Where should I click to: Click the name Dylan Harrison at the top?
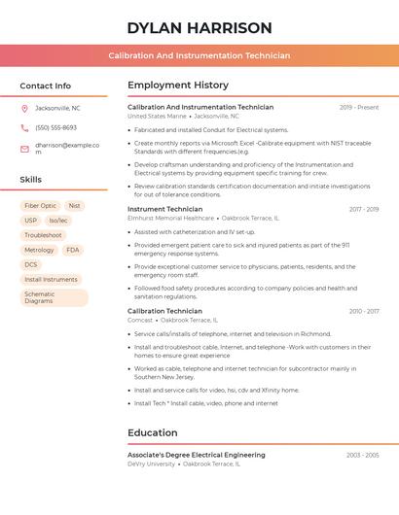pyautogui.click(x=199, y=27)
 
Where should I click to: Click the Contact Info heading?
pyautogui.click(x=45, y=86)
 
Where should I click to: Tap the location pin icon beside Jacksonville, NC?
pyautogui.click(x=24, y=108)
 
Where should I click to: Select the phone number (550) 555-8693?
pyautogui.click(x=55, y=127)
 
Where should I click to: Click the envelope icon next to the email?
pyautogui.click(x=24, y=149)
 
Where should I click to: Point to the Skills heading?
pyautogui.click(x=31, y=180)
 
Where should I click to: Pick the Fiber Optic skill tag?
pyautogui.click(x=40, y=206)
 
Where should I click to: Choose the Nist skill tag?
pyautogui.click(x=75, y=206)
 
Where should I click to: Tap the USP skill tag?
pyautogui.click(x=30, y=221)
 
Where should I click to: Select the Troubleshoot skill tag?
pyautogui.click(x=43, y=235)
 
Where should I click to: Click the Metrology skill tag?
pyautogui.click(x=39, y=250)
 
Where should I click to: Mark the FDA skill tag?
pyautogui.click(x=73, y=250)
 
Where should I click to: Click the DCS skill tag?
pyautogui.click(x=31, y=264)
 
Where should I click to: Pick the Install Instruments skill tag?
pyautogui.click(x=51, y=279)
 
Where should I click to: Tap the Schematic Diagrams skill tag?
pyautogui.click(x=40, y=297)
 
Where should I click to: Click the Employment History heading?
pyautogui.click(x=178, y=86)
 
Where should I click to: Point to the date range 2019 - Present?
pyautogui.click(x=359, y=107)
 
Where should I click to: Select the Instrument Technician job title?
pyautogui.click(x=165, y=209)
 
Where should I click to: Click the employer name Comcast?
pyautogui.click(x=140, y=320)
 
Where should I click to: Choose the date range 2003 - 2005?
pyautogui.click(x=362, y=455)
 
